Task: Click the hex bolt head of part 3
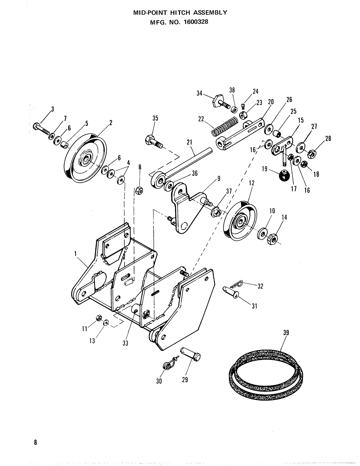tap(36, 126)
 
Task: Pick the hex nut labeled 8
tap(139, 190)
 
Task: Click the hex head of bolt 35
tap(150, 140)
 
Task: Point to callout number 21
tap(189, 142)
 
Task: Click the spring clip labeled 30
tap(168, 364)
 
